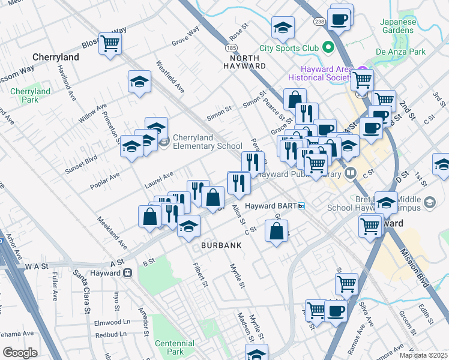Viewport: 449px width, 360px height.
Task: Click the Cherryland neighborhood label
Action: pyautogui.click(x=56, y=57)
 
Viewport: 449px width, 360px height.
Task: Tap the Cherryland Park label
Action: pyautogui.click(x=30, y=96)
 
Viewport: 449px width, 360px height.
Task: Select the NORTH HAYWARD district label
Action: pyautogui.click(x=244, y=61)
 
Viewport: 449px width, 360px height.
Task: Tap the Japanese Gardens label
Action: pyautogui.click(x=398, y=26)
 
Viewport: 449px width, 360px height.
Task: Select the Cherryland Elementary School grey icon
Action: pyautogui.click(x=164, y=142)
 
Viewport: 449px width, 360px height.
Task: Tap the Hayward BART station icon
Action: pyautogui.click(x=301, y=206)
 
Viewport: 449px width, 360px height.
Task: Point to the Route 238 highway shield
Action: pyautogui.click(x=318, y=21)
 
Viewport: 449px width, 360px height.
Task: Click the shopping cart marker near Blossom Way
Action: pyautogui.click(x=110, y=43)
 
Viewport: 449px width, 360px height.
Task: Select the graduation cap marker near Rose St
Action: pyautogui.click(x=283, y=27)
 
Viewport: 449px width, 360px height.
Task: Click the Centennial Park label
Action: pyautogui.click(x=175, y=347)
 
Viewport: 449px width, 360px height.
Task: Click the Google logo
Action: pyautogui.click(x=20, y=353)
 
